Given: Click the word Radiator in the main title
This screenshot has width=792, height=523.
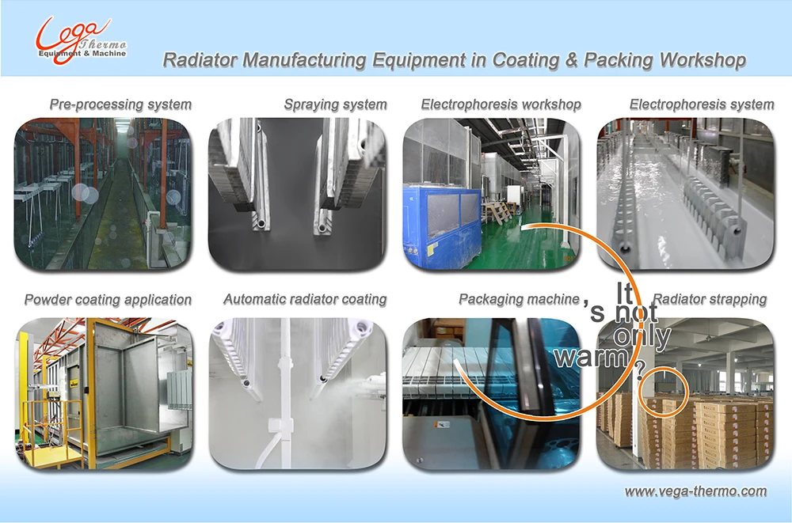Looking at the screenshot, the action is pyautogui.click(x=194, y=61).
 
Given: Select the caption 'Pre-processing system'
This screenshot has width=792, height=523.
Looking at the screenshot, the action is pyautogui.click(x=120, y=104).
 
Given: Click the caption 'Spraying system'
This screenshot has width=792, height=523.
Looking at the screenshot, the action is pyautogui.click(x=335, y=104).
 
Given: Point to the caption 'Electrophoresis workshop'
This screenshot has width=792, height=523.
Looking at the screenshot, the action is pyautogui.click(x=501, y=104).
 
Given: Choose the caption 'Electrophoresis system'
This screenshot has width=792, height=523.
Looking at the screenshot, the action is pyautogui.click(x=701, y=104).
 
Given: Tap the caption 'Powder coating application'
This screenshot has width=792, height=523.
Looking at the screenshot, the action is pyautogui.click(x=108, y=299).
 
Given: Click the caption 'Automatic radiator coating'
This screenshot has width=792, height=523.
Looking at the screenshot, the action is pyautogui.click(x=305, y=299).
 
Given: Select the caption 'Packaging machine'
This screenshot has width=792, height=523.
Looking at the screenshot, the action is pyautogui.click(x=519, y=299).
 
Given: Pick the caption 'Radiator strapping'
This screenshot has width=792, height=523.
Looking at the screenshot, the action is pyautogui.click(x=709, y=299).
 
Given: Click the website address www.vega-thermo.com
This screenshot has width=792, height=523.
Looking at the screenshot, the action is pyautogui.click(x=695, y=491).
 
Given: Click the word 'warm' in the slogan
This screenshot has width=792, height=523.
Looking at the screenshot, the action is pyautogui.click(x=591, y=358).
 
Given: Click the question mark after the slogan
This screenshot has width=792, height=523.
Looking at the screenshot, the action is pyautogui.click(x=639, y=377).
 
